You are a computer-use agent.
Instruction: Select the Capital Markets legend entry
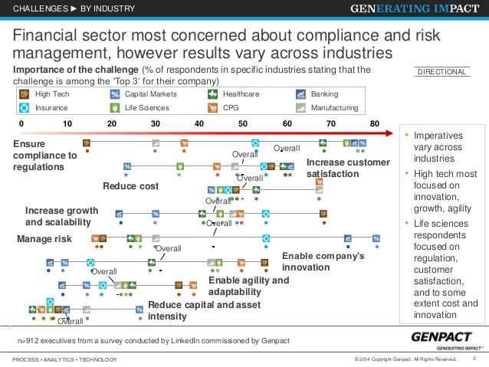click(141, 94)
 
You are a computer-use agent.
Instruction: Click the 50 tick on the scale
click(242, 123)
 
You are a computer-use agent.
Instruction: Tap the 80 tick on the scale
click(374, 123)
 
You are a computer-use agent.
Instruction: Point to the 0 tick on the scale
click(21, 123)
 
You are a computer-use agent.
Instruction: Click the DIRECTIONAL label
click(441, 72)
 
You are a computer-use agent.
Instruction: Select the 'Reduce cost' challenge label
click(130, 186)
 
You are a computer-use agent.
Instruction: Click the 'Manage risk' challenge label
click(44, 240)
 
